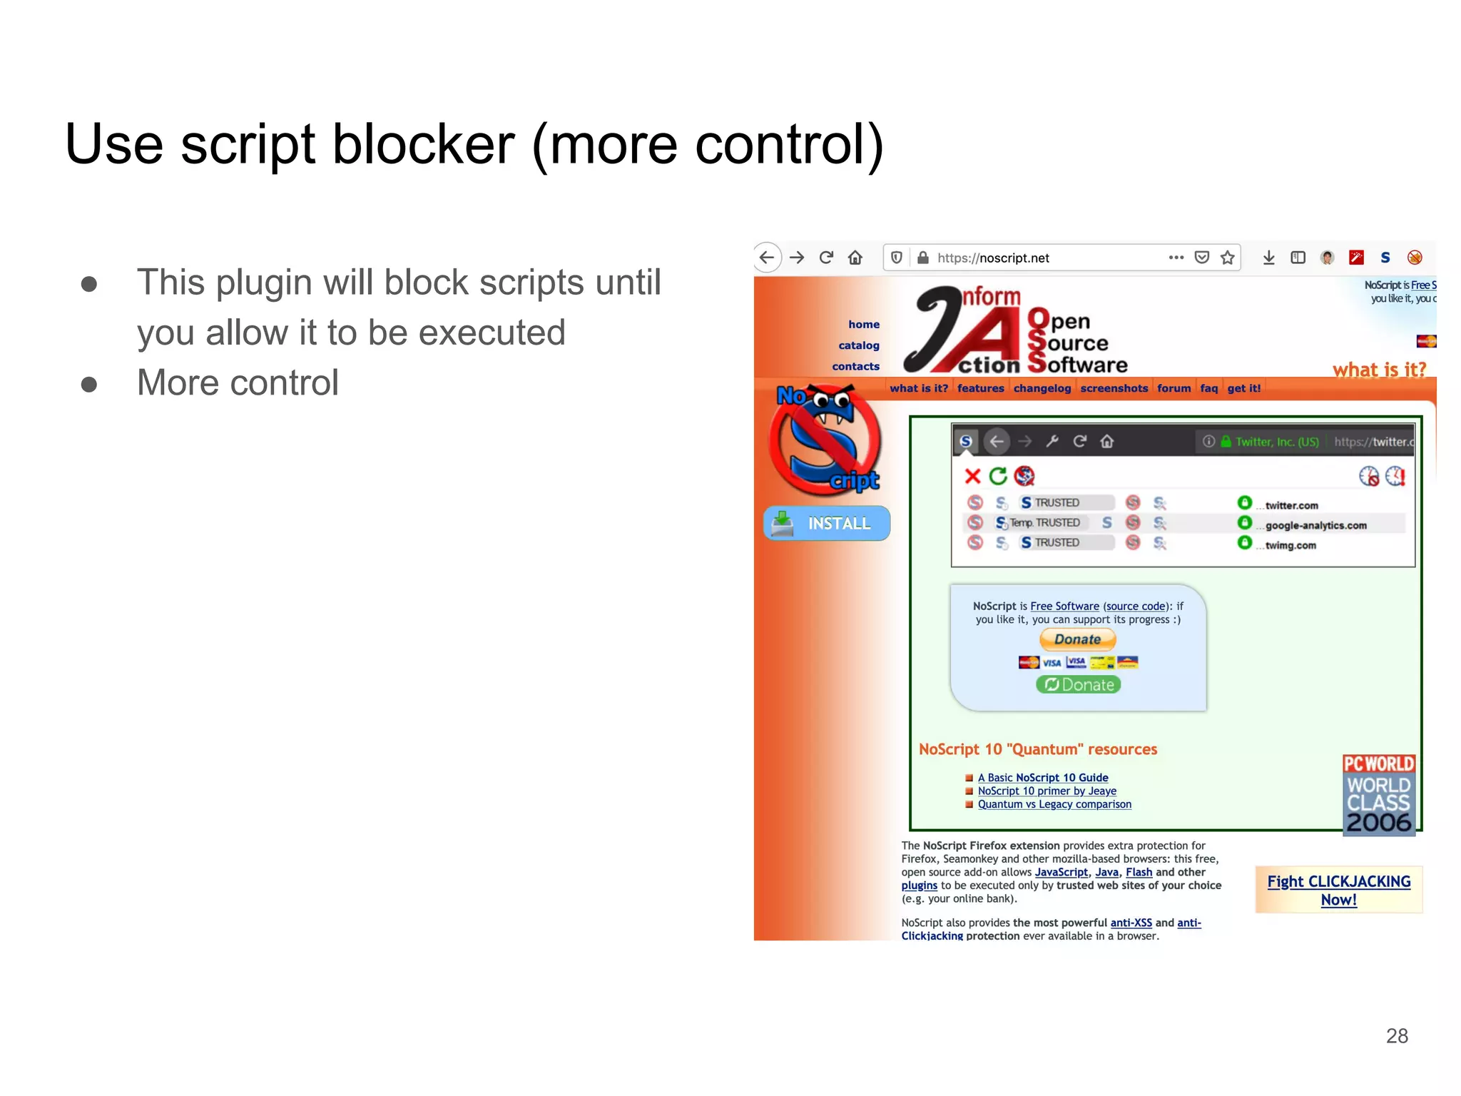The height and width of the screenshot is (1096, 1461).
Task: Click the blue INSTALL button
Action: click(x=827, y=524)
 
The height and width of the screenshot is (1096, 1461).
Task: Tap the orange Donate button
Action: click(x=1077, y=639)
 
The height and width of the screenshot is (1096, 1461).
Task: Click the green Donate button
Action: click(x=1079, y=685)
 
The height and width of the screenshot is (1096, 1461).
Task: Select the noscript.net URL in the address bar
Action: click(x=993, y=258)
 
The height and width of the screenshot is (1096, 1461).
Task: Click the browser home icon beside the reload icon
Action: click(x=855, y=258)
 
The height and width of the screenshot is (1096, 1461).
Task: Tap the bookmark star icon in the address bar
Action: click(x=1228, y=258)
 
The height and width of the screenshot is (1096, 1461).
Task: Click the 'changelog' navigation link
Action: click(x=1042, y=388)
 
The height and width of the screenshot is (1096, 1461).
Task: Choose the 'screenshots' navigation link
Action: click(x=1114, y=388)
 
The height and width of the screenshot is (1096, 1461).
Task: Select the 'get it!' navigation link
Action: click(x=1244, y=388)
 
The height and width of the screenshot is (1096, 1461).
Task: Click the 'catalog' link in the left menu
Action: click(x=859, y=345)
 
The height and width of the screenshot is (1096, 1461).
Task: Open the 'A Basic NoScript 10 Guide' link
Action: click(x=1043, y=778)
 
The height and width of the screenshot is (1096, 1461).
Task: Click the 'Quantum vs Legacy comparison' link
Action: click(x=1054, y=804)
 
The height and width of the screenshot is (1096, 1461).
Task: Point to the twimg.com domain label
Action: click(x=1291, y=546)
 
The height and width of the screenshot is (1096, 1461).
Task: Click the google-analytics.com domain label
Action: click(x=1316, y=526)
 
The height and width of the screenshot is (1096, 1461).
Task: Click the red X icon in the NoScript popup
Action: click(x=972, y=476)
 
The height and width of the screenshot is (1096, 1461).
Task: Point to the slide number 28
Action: click(x=1397, y=1036)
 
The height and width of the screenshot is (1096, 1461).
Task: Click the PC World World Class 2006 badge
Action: click(x=1379, y=795)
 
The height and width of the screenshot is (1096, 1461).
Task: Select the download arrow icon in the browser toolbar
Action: click(x=1268, y=258)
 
